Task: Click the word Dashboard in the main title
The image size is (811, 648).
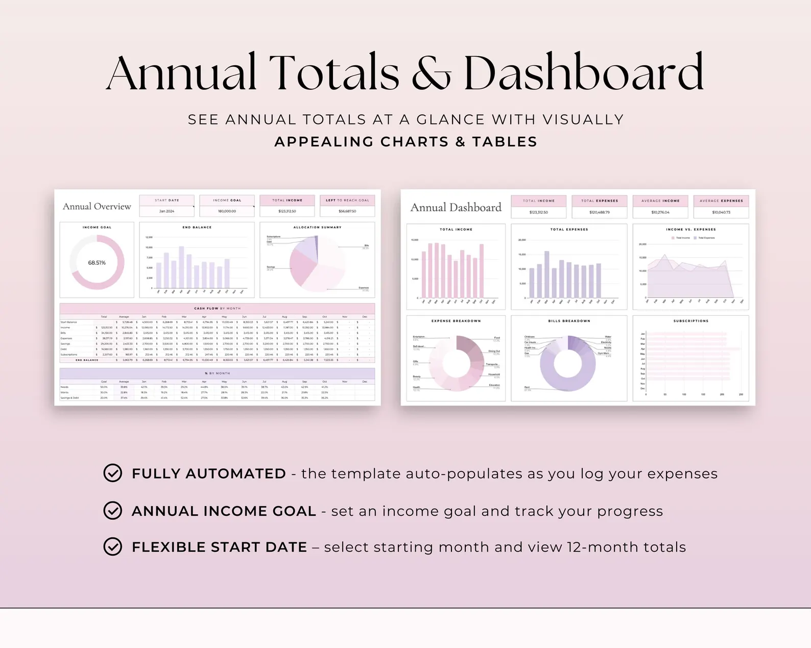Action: (583, 73)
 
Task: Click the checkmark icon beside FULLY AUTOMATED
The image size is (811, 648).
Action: (112, 473)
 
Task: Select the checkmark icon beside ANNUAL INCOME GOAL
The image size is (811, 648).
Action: (112, 510)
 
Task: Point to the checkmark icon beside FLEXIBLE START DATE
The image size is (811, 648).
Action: (112, 546)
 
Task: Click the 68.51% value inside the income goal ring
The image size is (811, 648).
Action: (97, 263)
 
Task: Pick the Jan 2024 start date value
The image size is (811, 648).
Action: (166, 211)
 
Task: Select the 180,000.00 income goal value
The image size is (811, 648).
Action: (227, 211)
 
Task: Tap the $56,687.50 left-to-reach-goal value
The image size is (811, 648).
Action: (347, 211)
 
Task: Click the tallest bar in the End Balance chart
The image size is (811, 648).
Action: (181, 267)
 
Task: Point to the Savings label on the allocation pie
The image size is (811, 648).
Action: (271, 267)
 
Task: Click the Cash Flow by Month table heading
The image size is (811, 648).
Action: (217, 308)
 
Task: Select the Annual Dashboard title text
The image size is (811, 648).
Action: (456, 208)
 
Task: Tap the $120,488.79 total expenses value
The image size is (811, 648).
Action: (600, 212)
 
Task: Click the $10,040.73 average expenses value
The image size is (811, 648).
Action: (721, 212)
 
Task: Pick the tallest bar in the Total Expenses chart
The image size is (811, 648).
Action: (547, 275)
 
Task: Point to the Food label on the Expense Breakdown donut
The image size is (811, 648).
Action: (497, 338)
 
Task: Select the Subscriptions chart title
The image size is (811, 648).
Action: (690, 321)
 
